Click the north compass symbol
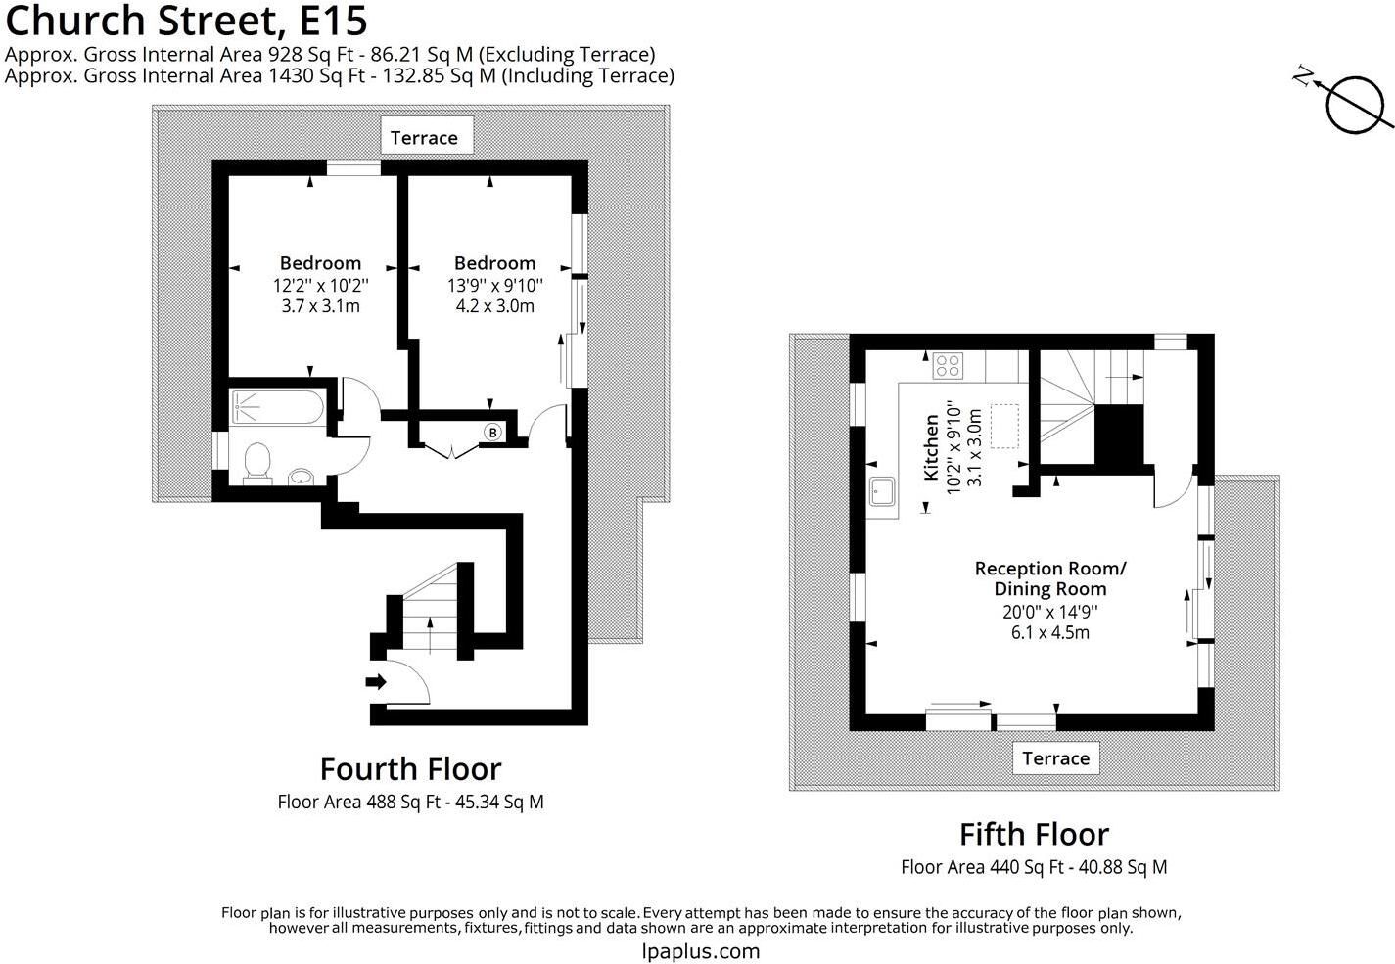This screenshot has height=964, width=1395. (x=1356, y=102)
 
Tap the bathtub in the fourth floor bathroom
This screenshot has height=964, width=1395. (x=277, y=408)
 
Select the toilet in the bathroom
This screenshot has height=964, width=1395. (x=257, y=462)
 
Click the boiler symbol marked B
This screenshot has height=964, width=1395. (x=493, y=432)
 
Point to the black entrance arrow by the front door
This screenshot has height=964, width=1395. (x=376, y=682)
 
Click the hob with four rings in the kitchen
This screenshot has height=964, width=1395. (x=948, y=365)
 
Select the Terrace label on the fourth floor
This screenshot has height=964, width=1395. (x=424, y=137)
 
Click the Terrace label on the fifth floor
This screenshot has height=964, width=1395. (x=1055, y=757)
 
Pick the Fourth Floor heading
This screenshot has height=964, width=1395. (x=410, y=768)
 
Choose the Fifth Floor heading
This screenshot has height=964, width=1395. (x=1034, y=834)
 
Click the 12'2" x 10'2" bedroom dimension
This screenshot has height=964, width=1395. (x=320, y=285)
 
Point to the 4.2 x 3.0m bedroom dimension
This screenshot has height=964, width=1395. (x=494, y=305)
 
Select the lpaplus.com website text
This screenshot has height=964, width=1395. (x=700, y=950)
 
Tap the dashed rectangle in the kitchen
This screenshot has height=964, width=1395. (x=1004, y=426)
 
